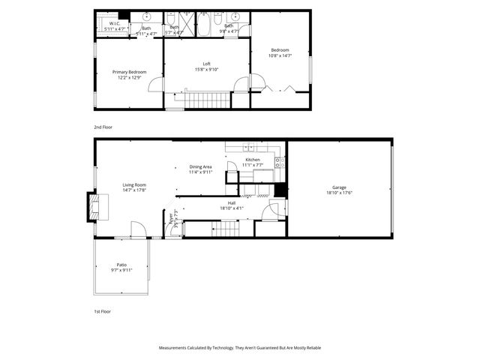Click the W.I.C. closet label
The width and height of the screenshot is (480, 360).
[115, 23]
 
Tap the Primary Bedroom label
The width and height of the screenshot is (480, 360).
[129, 72]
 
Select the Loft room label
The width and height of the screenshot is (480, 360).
[206, 64]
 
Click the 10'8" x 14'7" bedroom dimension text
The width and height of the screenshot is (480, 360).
[280, 55]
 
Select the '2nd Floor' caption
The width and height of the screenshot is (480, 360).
[103, 127]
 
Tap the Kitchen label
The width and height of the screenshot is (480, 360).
[253, 160]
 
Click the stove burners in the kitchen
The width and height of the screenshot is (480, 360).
[278, 160]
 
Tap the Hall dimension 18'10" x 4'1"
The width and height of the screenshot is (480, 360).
[232, 208]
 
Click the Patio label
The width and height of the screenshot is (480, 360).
[121, 264]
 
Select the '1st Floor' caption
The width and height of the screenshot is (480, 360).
[102, 311]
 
